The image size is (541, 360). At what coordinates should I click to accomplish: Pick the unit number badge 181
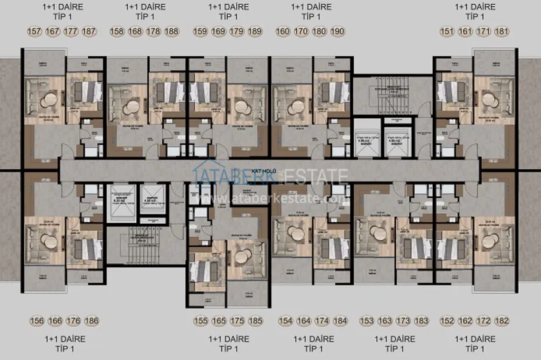503,31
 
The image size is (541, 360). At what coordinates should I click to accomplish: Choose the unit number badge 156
36,321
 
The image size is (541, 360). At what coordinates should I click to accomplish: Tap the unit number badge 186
92,321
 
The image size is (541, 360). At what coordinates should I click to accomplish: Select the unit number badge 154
285,321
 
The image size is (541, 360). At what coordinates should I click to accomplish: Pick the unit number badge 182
503,321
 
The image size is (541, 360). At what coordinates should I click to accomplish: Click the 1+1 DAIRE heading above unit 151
475,7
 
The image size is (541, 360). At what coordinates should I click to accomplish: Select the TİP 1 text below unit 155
227,349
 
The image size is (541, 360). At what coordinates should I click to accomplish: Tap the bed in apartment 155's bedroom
205,267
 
